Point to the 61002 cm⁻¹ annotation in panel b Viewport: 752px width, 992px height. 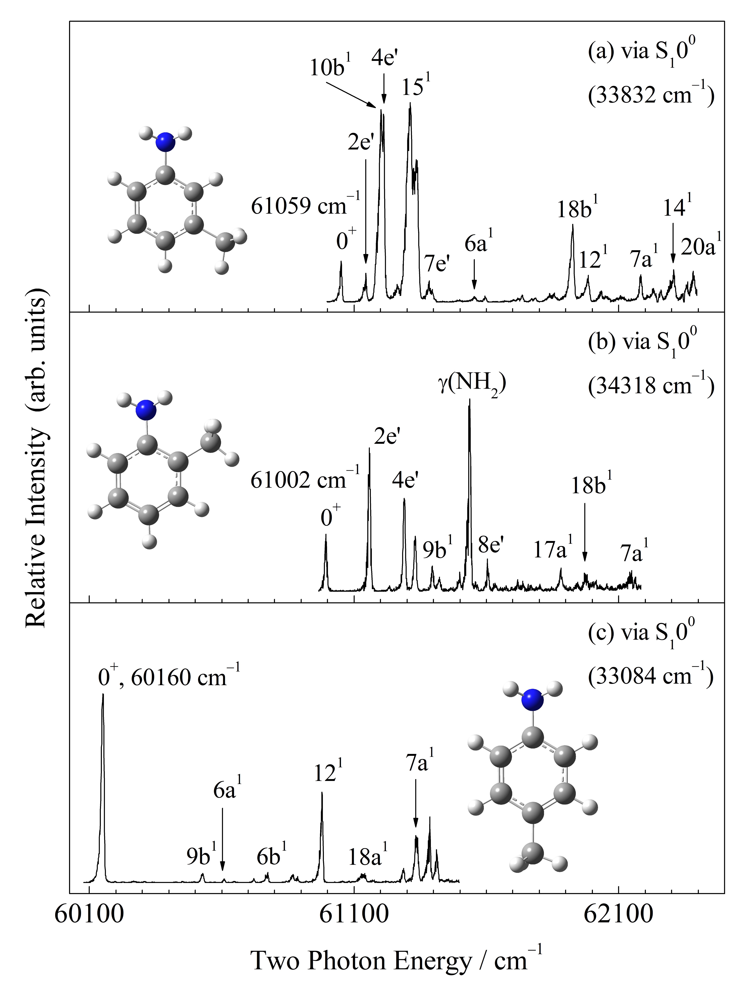[305, 480]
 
